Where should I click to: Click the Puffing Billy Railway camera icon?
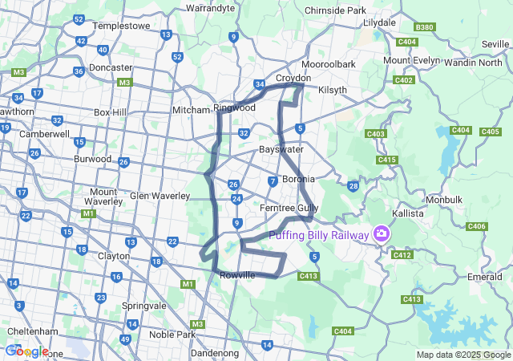tap(382, 234)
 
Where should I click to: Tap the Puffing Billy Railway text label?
tap(319, 235)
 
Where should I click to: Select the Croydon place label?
tap(293, 79)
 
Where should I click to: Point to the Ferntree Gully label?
tap(289, 208)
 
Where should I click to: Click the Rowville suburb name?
tap(237, 275)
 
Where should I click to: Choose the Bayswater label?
tap(281, 149)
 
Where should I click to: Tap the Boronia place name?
tap(297, 179)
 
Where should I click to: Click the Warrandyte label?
tap(210, 8)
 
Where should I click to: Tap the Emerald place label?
tap(485, 277)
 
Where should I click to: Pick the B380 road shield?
tap(425, 27)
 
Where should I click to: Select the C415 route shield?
tap(387, 160)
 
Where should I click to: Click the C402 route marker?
tap(403, 79)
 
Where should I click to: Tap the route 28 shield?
tap(353, 186)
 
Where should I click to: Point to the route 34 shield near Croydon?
tap(260, 84)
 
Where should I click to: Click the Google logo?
tap(26, 351)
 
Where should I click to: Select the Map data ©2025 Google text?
tap(463, 355)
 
